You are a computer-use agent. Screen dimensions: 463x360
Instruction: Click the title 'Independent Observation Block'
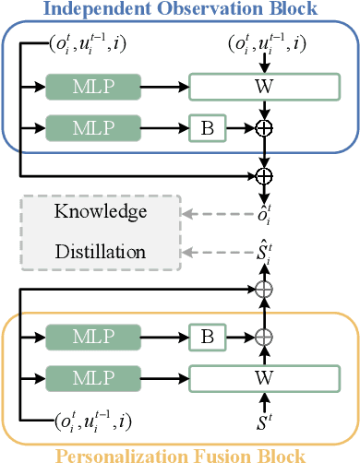point(180,11)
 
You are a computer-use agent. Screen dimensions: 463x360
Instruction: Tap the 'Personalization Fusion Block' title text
point(181,454)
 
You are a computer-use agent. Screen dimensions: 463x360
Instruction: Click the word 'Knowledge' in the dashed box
point(100,212)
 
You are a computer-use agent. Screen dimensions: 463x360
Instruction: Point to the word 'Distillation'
point(100,250)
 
